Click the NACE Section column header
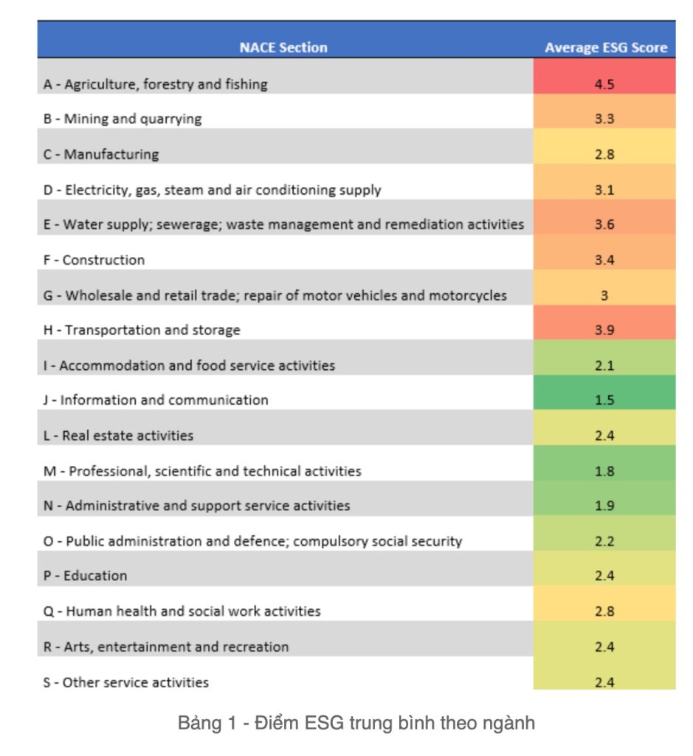coord(283,48)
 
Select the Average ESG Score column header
coord(605,48)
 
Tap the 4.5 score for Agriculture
coord(604,84)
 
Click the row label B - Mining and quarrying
coord(122,119)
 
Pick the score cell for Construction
coord(604,260)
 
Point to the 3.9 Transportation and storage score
coord(604,330)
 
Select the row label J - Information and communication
coord(156,400)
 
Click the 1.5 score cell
coord(604,400)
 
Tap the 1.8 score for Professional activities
coord(604,471)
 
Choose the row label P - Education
coord(85,576)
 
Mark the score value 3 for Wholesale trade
coord(604,295)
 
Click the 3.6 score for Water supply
coord(604,224)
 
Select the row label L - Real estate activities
coord(118,436)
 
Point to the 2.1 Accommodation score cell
coord(604,365)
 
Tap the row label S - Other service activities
coord(125,682)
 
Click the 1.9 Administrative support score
coord(604,506)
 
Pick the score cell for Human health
coord(604,611)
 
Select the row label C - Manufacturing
coord(101,154)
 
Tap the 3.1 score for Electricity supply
coord(604,190)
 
